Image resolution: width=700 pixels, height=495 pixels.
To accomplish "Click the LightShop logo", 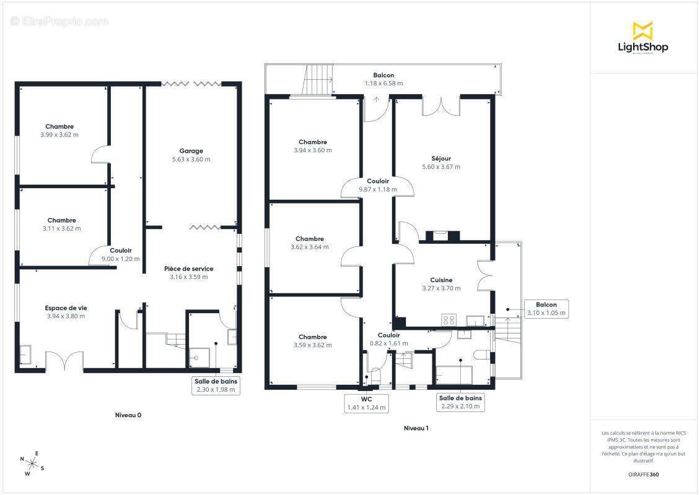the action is tap(643, 38).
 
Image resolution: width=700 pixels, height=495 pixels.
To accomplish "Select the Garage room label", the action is tap(191, 151).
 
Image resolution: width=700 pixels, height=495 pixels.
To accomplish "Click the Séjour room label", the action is tap(441, 159).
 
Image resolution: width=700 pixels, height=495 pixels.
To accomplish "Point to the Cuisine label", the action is tap(442, 280).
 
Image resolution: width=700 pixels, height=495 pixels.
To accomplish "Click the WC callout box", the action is tap(367, 403).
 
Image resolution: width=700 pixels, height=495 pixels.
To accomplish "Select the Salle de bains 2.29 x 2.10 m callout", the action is tap(460, 402).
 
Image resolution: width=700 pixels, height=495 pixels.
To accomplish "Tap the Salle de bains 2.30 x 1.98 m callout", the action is tap(216, 385).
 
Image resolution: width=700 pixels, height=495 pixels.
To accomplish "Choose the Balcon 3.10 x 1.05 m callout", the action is tap(546, 309).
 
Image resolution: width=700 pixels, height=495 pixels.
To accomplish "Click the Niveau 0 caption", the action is tap(128, 415).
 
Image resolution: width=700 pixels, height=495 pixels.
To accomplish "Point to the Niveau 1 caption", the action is tap(416, 428).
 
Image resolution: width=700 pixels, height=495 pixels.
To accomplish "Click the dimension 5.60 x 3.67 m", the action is tap(441, 167).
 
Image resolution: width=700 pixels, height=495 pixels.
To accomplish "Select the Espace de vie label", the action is tap(66, 308).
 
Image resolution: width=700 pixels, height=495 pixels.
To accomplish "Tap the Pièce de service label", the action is tap(189, 269).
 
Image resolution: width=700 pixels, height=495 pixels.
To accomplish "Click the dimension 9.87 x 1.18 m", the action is tap(378, 189).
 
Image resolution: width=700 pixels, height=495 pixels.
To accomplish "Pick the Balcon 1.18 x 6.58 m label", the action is tap(383, 79).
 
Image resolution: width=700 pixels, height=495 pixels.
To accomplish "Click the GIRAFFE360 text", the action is tap(643, 475).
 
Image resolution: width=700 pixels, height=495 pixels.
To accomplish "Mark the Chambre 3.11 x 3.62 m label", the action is tap(61, 225).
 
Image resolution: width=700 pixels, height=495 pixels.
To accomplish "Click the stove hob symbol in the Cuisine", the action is tap(448, 320).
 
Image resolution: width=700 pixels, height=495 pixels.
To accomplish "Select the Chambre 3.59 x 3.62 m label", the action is tap(312, 341).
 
